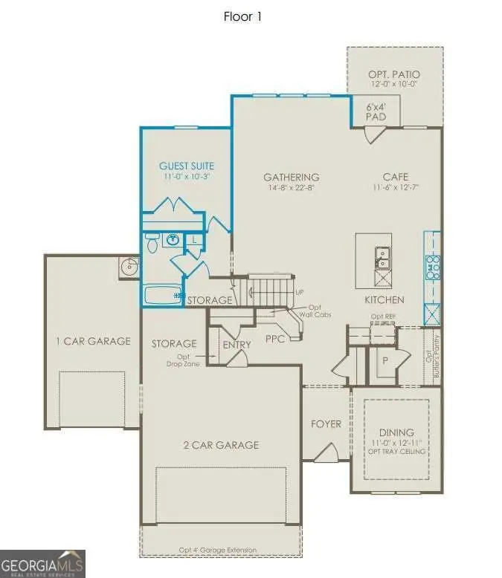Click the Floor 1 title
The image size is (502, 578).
[243, 16]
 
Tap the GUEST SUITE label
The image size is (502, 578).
[187, 166]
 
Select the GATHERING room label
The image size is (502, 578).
[292, 178]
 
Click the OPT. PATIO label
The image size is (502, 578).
[394, 75]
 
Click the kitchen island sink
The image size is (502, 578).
[382, 256]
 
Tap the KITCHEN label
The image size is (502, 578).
[384, 299]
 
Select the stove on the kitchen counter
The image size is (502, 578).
[432, 266]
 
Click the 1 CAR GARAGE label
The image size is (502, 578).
[93, 342]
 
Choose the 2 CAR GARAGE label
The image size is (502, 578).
[221, 445]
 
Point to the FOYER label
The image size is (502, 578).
[326, 424]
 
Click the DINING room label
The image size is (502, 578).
[396, 432]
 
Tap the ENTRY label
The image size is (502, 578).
[236, 344]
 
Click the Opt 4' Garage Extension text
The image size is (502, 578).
[217, 550]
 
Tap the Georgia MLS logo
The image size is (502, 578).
[42, 563]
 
